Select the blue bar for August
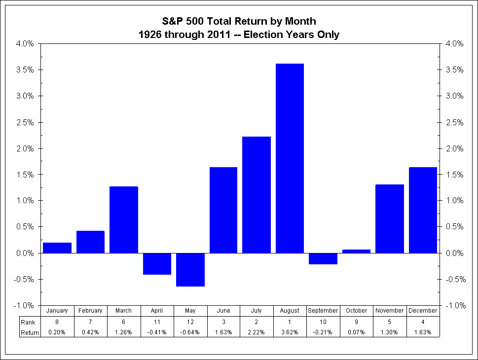tap(290, 158)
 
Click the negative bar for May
tap(190, 269)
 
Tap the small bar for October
tap(356, 251)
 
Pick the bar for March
tap(123, 219)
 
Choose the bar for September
tap(323, 258)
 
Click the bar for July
tap(257, 195)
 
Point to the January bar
tap(57, 248)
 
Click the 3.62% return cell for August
tap(290, 332)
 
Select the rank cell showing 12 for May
tap(190, 322)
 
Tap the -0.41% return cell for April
tap(157, 332)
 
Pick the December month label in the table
tap(423, 311)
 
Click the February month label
tap(90, 311)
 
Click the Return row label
tap(30, 332)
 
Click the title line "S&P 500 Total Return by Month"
tap(239, 21)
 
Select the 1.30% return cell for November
tap(390, 332)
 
